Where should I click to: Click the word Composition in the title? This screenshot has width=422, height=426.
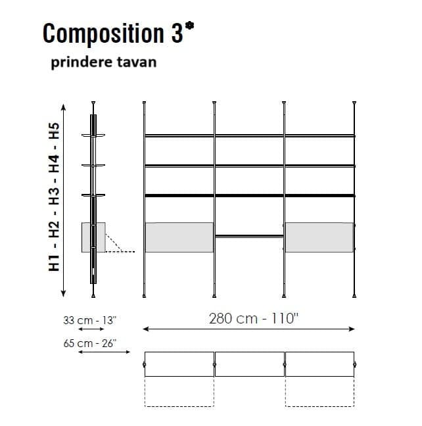coord(103,34)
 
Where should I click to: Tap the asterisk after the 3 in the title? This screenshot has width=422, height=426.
coord(189,26)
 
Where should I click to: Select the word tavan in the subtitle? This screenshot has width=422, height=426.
coord(137,62)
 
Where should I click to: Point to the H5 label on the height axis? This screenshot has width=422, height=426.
coord(54,131)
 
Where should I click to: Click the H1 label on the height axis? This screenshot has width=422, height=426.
coord(54,263)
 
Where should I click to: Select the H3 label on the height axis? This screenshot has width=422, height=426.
coord(54,196)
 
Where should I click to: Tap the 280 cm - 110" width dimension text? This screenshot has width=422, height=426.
coord(254,318)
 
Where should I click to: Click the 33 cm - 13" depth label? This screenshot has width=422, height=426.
coord(89,320)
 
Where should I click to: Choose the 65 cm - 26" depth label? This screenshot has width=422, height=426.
coord(89,343)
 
